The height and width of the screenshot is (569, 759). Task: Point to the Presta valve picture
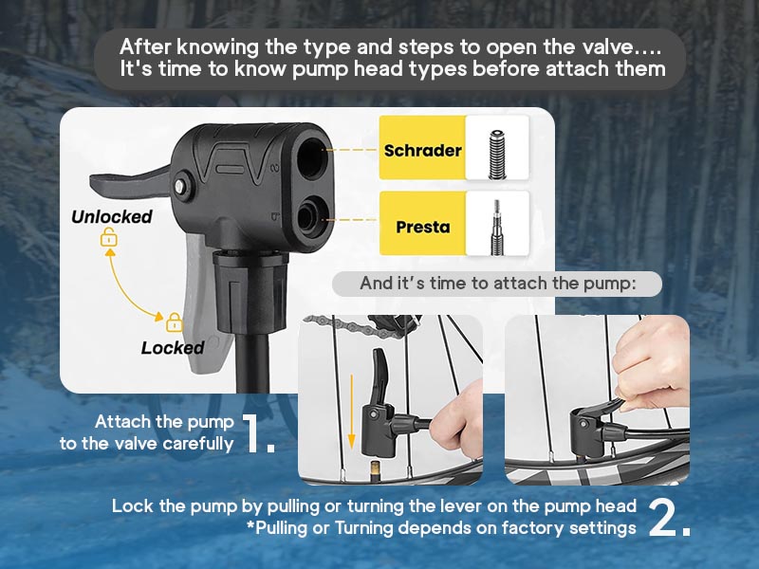[496, 227]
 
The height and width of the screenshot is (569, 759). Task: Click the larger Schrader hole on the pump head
[311, 155]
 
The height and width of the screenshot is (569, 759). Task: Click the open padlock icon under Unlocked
[109, 237]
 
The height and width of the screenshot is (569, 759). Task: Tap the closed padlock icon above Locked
[175, 322]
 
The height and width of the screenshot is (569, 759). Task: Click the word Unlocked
[112, 216]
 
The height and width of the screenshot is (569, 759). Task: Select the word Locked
[173, 347]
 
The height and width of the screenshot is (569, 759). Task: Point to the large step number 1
[257, 433]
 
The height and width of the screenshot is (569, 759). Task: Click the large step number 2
[669, 517]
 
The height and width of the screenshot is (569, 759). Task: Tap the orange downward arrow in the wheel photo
[351, 411]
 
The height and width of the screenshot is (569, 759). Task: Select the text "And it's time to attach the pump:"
[497, 283]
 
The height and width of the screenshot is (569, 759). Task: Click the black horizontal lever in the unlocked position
[130, 183]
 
